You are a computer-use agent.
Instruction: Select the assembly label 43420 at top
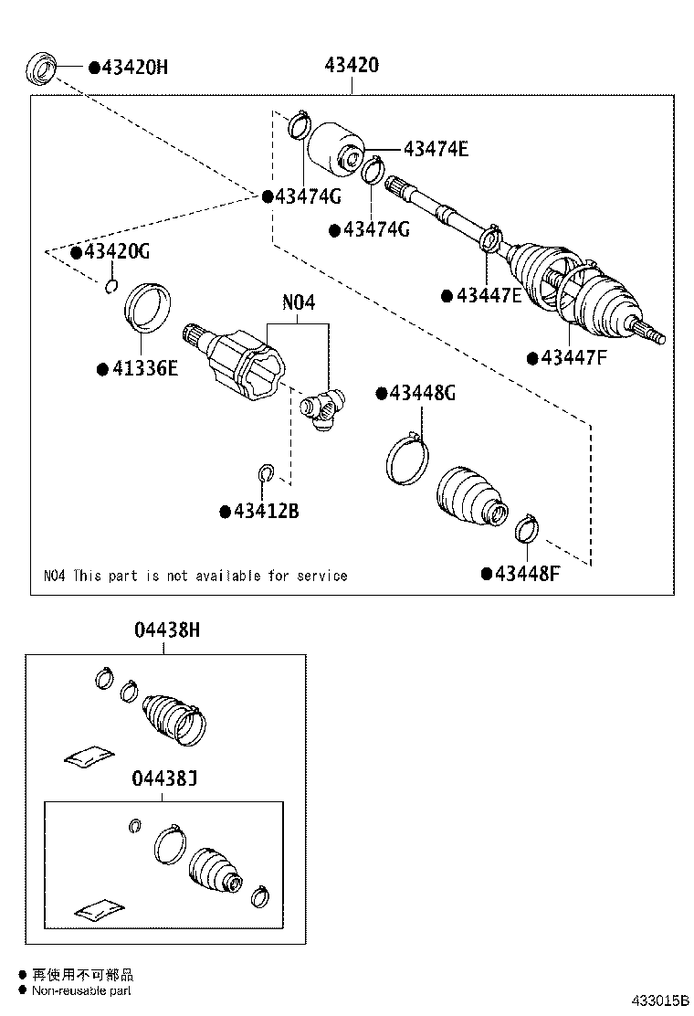point(352,66)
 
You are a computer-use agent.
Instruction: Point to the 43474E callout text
point(436,149)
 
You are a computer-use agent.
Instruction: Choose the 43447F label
point(573,358)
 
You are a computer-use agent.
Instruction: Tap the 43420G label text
point(116,251)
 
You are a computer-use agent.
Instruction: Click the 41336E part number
point(143,368)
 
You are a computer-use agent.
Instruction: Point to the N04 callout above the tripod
point(298,303)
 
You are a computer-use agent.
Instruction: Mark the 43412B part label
point(265,511)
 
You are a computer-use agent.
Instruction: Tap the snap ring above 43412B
point(265,473)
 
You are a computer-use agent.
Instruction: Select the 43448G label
point(422,394)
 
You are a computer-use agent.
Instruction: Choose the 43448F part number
point(525,574)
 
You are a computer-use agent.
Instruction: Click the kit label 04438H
point(165,630)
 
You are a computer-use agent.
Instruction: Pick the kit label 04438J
point(165,779)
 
